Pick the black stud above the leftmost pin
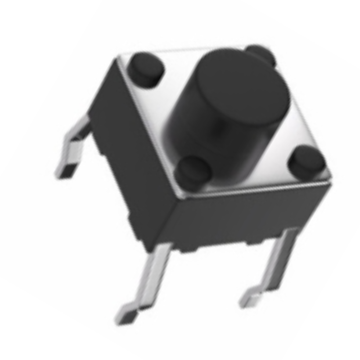click(x=146, y=68)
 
